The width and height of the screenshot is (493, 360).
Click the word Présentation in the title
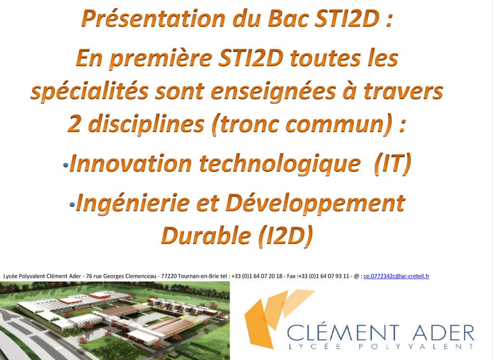[154, 18]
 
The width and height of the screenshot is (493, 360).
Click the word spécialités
[90, 91]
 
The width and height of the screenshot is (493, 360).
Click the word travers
[403, 91]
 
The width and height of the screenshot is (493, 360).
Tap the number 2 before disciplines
[74, 124]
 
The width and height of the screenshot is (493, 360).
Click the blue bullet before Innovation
[65, 165]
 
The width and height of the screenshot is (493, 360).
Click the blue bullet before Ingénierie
[72, 205]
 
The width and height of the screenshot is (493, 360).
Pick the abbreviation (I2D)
[285, 236]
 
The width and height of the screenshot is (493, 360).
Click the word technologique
[280, 164]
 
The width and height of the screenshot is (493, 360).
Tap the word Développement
[315, 204]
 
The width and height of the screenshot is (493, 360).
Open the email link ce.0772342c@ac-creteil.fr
[397, 276]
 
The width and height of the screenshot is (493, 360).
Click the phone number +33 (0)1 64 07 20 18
[257, 276]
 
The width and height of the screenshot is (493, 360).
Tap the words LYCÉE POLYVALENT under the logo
[381, 347]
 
